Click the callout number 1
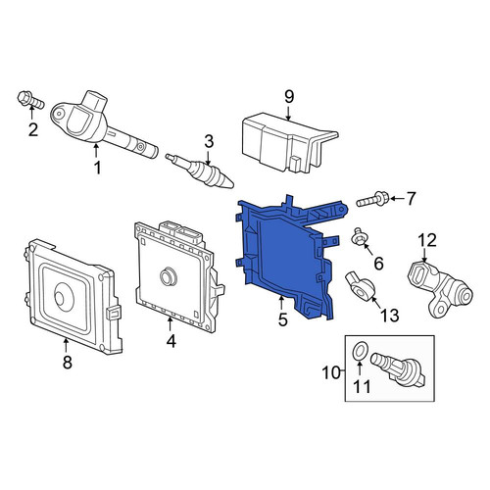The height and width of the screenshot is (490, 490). point(97,168)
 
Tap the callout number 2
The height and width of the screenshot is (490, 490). point(33,129)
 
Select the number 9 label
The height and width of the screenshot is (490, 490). point(289,96)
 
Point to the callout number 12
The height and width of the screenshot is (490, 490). point(428,240)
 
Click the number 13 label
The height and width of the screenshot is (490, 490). point(389,316)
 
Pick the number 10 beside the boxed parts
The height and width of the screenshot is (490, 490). point(331,372)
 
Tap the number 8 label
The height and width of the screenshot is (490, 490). point(67,362)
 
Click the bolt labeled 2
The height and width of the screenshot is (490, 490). point(30,100)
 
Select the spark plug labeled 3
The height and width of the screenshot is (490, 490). point(200,171)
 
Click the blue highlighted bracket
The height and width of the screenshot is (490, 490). point(287,258)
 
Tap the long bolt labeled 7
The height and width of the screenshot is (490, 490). point(372,199)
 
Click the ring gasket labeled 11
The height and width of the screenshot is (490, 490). point(359,352)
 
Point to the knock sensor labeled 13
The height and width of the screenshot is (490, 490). point(360,285)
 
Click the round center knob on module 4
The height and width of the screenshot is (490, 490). point(169,276)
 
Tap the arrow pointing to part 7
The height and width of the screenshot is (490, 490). point(397,198)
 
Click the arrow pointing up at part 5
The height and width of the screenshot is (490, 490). point(281,302)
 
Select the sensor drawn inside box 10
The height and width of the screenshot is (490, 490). point(399,370)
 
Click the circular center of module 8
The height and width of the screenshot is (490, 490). point(64,297)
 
